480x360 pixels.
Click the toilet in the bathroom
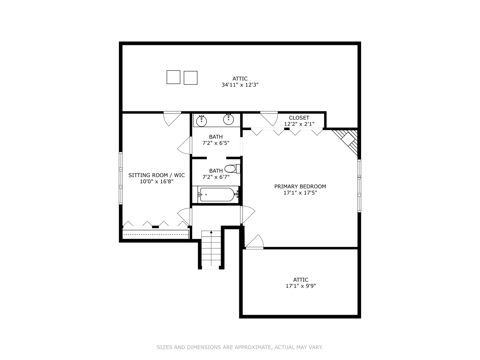point(232,169)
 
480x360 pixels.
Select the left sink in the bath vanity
point(201,121)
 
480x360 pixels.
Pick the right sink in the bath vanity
point(229,119)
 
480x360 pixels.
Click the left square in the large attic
point(173,77)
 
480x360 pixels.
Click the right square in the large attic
point(191,78)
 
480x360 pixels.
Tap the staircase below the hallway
point(211,249)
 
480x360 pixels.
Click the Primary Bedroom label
point(300,187)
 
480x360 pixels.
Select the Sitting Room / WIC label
point(156,175)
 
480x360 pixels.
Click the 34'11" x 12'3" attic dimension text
point(240,85)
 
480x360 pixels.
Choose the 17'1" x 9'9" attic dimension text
point(301,286)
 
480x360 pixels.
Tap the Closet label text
point(299,118)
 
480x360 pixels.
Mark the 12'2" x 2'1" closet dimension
point(299,124)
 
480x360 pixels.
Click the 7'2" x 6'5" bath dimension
point(216,143)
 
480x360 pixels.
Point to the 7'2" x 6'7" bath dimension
point(216,177)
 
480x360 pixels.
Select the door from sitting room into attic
point(172,117)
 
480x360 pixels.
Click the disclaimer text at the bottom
point(240,347)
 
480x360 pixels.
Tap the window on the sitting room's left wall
point(121,178)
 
